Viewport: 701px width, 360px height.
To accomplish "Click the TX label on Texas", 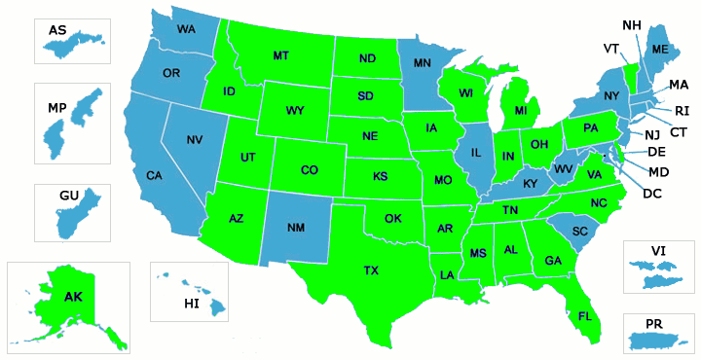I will (x=371, y=270).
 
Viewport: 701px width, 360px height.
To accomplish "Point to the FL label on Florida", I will (x=584, y=316).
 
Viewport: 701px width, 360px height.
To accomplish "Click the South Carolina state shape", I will (x=580, y=232).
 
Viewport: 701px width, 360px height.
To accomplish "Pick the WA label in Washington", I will (x=186, y=29).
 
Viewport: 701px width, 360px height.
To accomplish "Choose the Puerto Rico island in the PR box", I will (x=660, y=341).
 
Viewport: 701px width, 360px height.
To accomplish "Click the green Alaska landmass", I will (x=68, y=302).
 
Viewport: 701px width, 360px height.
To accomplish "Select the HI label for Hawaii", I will (x=192, y=304).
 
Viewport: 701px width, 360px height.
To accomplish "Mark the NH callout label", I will (x=631, y=24).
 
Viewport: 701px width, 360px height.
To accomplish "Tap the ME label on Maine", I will (x=660, y=50).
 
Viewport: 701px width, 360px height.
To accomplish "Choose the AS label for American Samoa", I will (x=57, y=31).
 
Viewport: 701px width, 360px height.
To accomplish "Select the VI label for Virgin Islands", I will (x=658, y=250).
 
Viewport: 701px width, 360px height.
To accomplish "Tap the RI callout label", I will (x=682, y=110).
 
